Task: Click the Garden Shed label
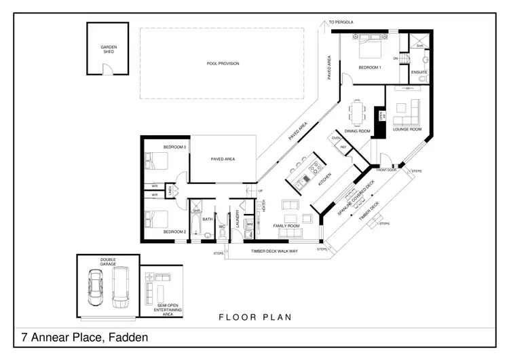pyautogui.click(x=109, y=50)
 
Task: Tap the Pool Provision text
pyautogui.click(x=223, y=64)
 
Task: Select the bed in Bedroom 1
pyautogui.click(x=367, y=50)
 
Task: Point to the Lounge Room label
pyautogui.click(x=407, y=129)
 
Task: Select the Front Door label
pyautogui.click(x=385, y=170)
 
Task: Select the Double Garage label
pyautogui.click(x=109, y=262)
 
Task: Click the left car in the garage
pyautogui.click(x=96, y=289)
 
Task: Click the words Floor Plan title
pyautogui.click(x=254, y=317)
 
